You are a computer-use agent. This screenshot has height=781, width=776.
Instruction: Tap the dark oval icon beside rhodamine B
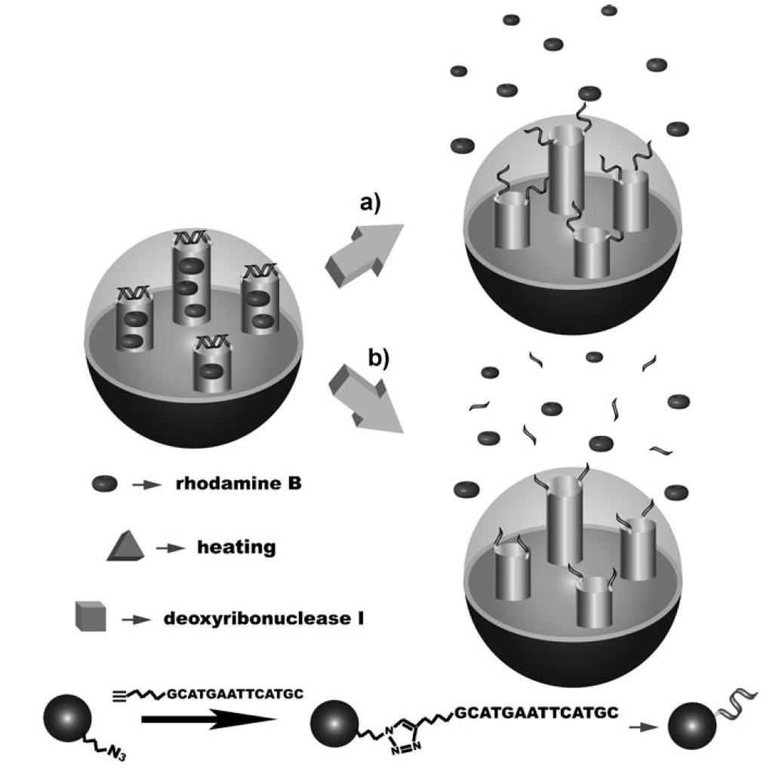point(103,483)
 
